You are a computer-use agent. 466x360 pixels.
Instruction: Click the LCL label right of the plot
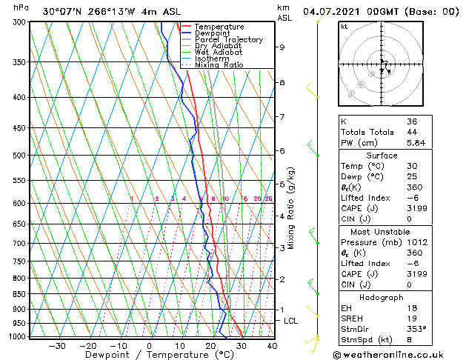point(290,321)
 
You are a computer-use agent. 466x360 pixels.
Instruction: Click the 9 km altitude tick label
point(282,47)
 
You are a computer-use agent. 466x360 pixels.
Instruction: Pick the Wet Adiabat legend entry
point(217,52)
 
